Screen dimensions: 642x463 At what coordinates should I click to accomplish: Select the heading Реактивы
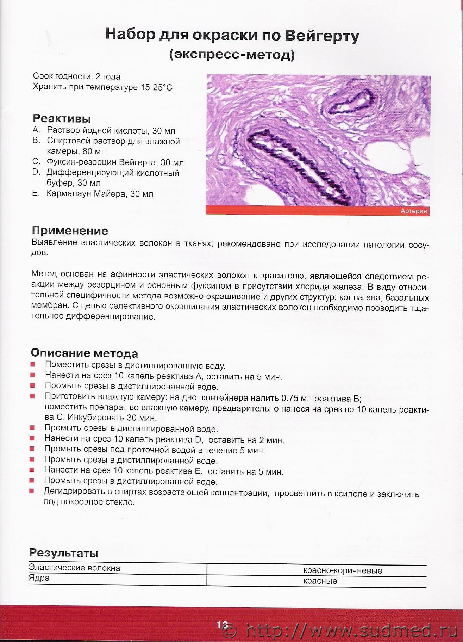coord(62,118)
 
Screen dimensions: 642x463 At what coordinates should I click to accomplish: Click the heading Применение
coord(70,231)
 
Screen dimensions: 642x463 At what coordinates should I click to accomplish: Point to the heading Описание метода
coord(84,353)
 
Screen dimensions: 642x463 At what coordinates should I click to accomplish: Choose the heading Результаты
coord(64,553)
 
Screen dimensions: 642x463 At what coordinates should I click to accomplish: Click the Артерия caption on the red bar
coord(413,211)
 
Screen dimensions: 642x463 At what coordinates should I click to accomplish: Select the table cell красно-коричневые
coord(343,570)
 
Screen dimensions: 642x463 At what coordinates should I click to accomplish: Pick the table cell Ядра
coord(39,578)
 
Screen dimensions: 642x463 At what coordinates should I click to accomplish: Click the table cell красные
coord(320,581)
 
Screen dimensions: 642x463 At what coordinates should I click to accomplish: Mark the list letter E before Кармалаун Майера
coord(36,193)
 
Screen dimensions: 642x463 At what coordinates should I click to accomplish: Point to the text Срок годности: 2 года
coord(76,76)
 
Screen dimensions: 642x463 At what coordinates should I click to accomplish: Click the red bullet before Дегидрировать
coord(32,491)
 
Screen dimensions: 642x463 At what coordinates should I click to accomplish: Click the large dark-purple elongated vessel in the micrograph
coord(299,166)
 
